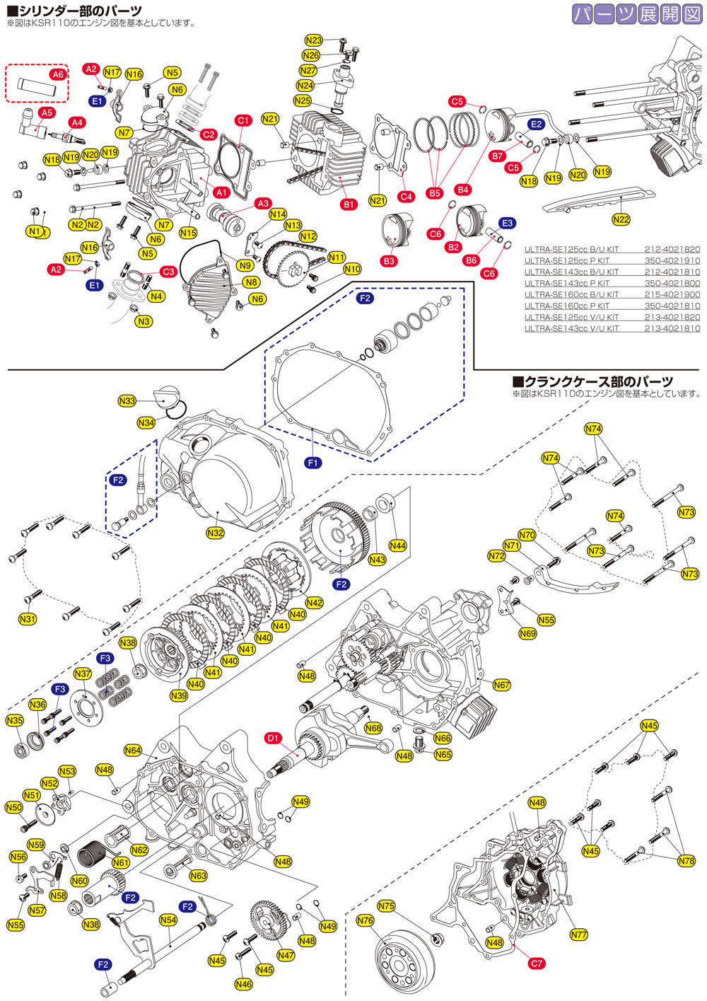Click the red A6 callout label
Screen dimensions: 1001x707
point(57,74)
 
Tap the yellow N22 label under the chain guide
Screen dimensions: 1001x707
point(621,219)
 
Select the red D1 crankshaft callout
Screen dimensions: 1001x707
point(274,738)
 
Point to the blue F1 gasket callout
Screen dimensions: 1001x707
point(313,463)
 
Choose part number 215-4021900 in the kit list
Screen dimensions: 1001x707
point(672,294)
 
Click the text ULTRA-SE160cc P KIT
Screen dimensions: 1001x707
point(567,306)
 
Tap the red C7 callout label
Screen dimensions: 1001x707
point(537,963)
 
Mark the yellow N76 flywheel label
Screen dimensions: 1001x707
point(365,920)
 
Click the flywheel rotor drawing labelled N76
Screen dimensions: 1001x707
point(406,962)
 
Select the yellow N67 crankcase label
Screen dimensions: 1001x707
point(501,685)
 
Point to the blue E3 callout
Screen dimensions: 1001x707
point(507,223)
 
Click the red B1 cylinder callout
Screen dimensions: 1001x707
point(349,204)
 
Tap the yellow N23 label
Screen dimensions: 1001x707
point(314,40)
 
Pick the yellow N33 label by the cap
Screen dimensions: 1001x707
point(127,401)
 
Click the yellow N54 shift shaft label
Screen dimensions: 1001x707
point(168,920)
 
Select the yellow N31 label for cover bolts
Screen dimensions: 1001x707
point(27,619)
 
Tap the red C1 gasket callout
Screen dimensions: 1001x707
point(243,120)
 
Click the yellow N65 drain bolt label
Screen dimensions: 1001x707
point(443,754)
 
